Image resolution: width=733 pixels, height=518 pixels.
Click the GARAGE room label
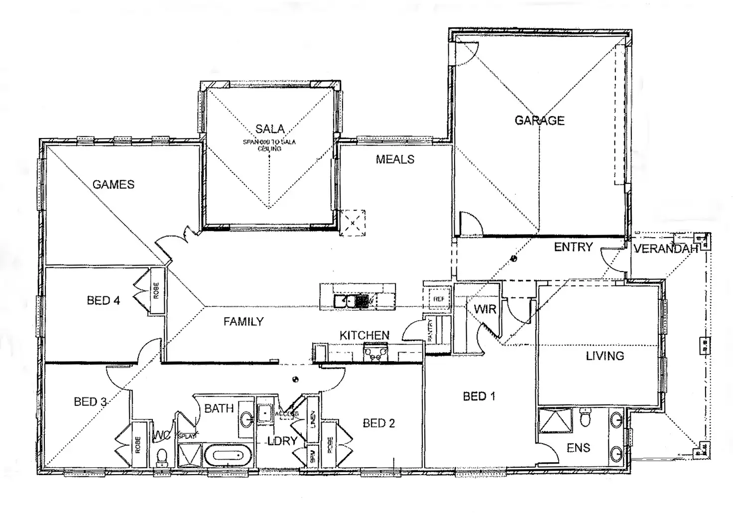(x=539, y=121)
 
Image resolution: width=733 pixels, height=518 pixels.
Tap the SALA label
(x=270, y=129)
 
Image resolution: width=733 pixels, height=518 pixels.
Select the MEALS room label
(x=395, y=159)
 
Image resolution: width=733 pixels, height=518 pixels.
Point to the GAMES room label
(x=114, y=185)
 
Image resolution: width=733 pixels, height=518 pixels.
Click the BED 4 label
(x=103, y=300)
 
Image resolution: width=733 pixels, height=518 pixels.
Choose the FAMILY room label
(x=243, y=322)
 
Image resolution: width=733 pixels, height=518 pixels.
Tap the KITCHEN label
(x=364, y=335)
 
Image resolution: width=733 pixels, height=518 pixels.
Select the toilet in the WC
(x=162, y=456)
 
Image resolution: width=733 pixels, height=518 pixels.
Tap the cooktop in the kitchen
(x=374, y=353)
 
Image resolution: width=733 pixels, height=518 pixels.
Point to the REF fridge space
(x=438, y=299)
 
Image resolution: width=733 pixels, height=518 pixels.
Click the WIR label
(x=485, y=309)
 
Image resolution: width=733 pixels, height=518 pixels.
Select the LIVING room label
(x=605, y=356)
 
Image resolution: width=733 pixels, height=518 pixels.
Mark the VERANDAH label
(x=665, y=249)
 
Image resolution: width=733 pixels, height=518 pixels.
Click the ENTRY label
(x=573, y=247)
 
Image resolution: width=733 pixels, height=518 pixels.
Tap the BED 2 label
(x=378, y=423)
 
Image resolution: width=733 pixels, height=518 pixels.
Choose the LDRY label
(x=282, y=441)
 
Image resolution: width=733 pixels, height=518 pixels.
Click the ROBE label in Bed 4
(x=156, y=291)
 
